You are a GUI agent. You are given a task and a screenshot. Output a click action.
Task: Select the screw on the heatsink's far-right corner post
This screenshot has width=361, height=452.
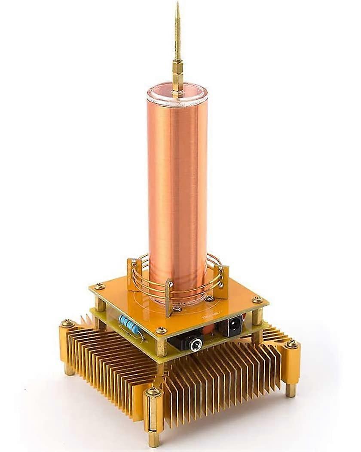pyautogui.click(x=292, y=344)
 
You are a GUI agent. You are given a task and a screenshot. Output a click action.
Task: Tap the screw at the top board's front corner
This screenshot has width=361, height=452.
pyautogui.click(x=161, y=331)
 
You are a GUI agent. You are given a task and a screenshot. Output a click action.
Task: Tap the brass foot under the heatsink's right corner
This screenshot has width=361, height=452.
pyautogui.click(x=291, y=390)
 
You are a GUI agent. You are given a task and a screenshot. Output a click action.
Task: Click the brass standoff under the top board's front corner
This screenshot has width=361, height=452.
pyautogui.click(x=161, y=347)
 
